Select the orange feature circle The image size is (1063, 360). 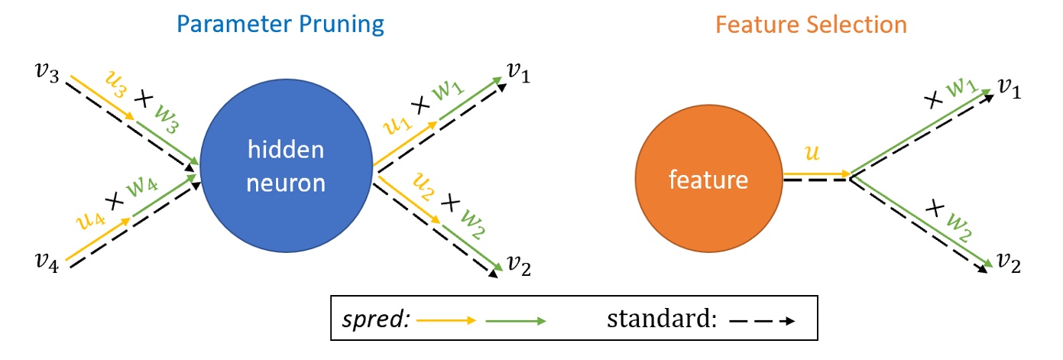(708, 180)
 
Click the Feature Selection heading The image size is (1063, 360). (811, 24)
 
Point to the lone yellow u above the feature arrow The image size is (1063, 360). (815, 154)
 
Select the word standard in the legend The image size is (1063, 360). (661, 319)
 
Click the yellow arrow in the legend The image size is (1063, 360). (446, 320)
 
